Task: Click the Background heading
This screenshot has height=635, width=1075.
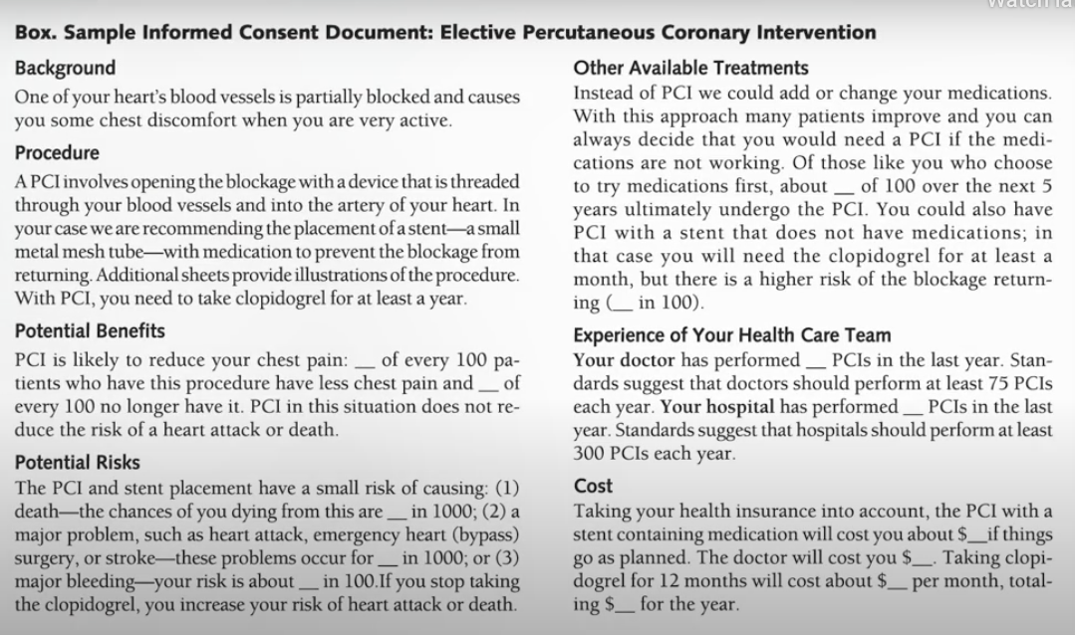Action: point(65,69)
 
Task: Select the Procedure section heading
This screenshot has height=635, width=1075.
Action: point(57,153)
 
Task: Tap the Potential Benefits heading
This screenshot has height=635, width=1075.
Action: point(90,330)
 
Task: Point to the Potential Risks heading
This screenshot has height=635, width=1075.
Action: point(77,463)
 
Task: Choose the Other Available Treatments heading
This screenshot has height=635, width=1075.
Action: point(690,69)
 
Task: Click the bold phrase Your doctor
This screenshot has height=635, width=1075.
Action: point(624,360)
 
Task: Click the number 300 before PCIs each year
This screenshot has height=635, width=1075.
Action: point(590,452)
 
